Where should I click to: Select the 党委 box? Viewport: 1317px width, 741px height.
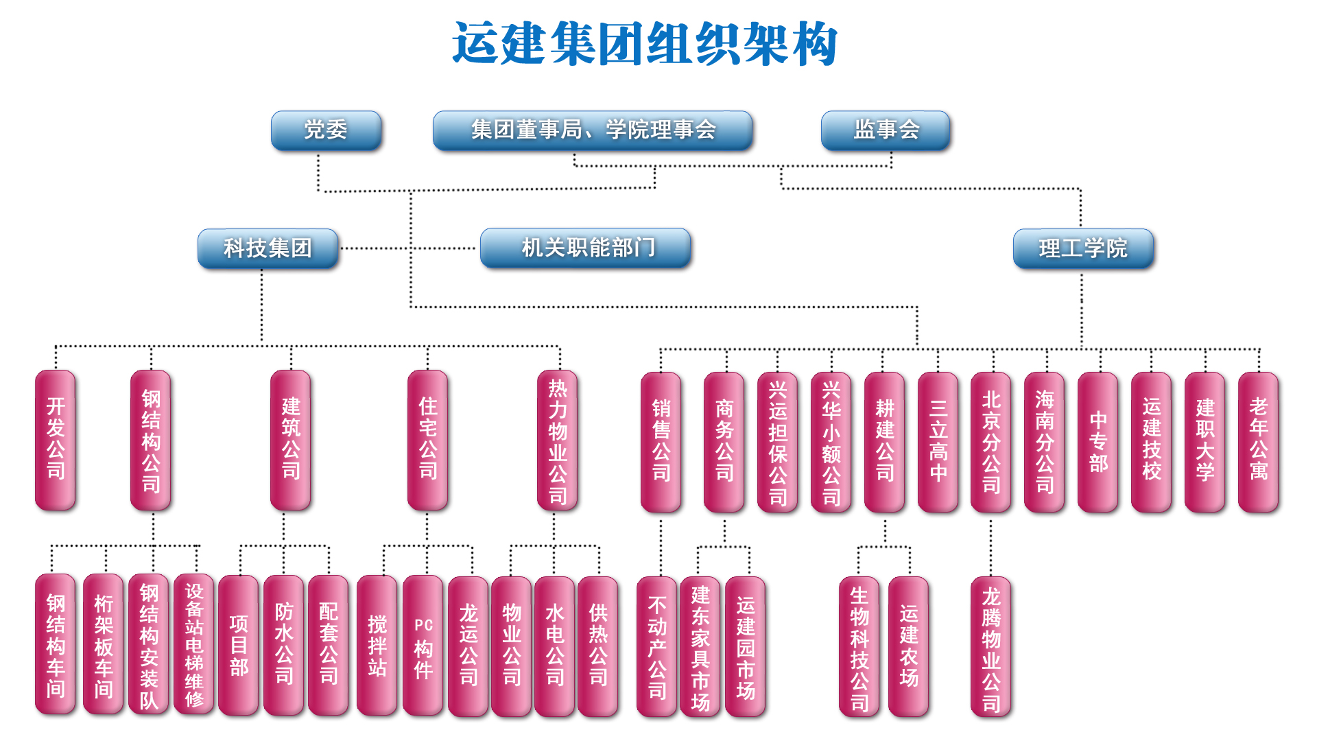coord(326,130)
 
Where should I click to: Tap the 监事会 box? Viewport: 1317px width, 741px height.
coord(886,130)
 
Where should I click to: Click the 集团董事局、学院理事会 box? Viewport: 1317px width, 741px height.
coord(593,130)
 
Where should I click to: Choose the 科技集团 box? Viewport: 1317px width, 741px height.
coord(268,248)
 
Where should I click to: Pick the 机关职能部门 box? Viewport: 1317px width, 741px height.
coord(586,248)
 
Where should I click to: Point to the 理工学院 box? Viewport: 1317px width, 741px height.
coord(1083,248)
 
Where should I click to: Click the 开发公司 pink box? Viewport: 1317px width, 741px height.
coord(56,440)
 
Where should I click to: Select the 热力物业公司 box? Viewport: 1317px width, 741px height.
coord(558,440)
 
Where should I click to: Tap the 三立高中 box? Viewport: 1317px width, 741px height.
coord(938,442)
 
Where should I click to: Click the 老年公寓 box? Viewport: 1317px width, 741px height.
coord(1258,442)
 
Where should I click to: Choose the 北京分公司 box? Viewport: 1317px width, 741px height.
coord(991,442)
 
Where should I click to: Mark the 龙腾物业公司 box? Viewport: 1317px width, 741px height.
coord(991,646)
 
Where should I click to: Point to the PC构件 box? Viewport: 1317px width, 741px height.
coord(423,646)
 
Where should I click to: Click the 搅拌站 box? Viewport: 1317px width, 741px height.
coord(377,646)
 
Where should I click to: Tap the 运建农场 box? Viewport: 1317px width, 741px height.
coord(908,646)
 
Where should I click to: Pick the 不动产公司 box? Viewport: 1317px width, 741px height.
coord(657,646)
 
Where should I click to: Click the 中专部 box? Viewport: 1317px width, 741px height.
coord(1098,442)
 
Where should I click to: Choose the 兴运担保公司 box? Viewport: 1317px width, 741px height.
coord(777,442)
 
